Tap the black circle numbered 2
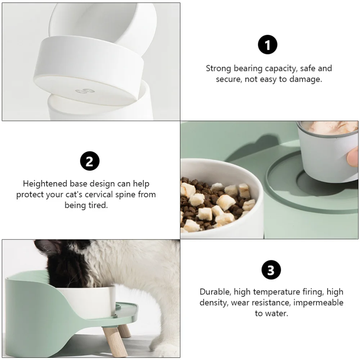(x=90, y=161)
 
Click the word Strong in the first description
(x=219, y=68)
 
